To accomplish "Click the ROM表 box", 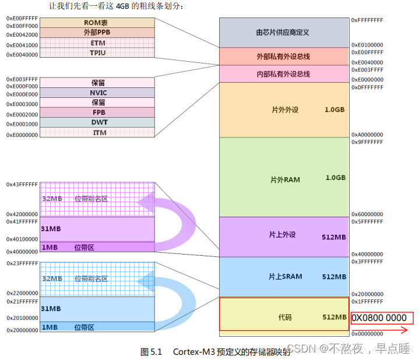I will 97,22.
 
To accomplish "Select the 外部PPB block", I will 97,33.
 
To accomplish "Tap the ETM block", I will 97,43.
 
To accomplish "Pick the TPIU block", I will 97,53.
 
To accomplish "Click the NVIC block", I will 97,93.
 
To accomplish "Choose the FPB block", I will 97,112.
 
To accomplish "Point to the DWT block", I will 97,122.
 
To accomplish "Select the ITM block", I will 97,133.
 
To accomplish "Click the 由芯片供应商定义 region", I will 283,33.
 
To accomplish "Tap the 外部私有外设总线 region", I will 283,57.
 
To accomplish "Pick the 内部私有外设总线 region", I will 283,74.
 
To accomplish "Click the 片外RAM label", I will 285,179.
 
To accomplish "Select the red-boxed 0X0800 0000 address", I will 382,318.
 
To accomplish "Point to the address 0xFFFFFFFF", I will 367,20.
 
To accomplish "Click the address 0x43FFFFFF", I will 22,184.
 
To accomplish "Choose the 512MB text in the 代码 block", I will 334,317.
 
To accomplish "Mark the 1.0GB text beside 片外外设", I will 335,110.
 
